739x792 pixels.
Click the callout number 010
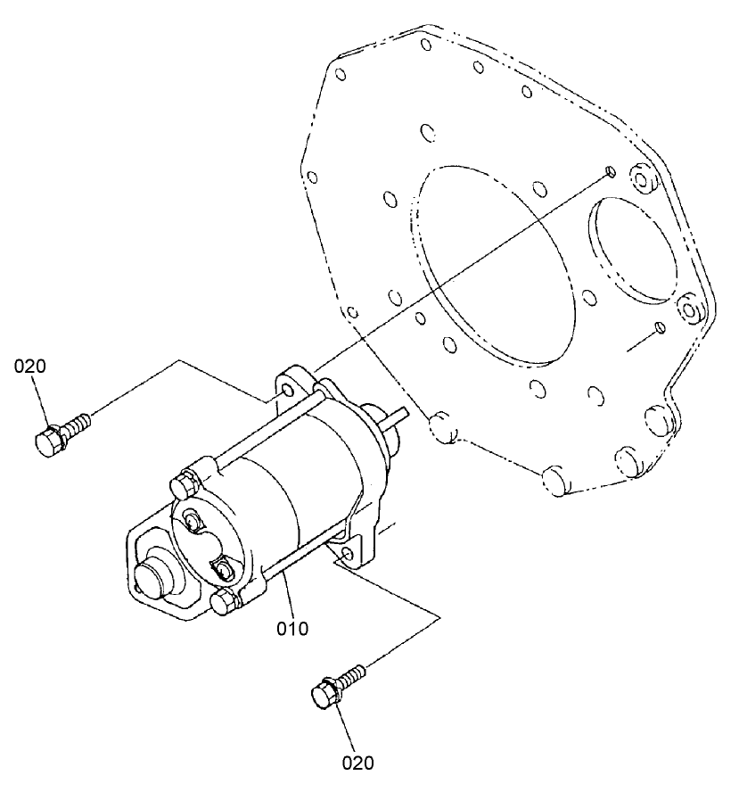(292, 629)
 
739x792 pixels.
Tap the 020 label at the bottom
(357, 763)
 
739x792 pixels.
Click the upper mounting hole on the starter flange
(285, 391)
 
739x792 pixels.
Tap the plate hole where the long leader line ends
(609, 170)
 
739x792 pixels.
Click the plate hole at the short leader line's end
(659, 328)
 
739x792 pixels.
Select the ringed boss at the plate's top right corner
(642, 183)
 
